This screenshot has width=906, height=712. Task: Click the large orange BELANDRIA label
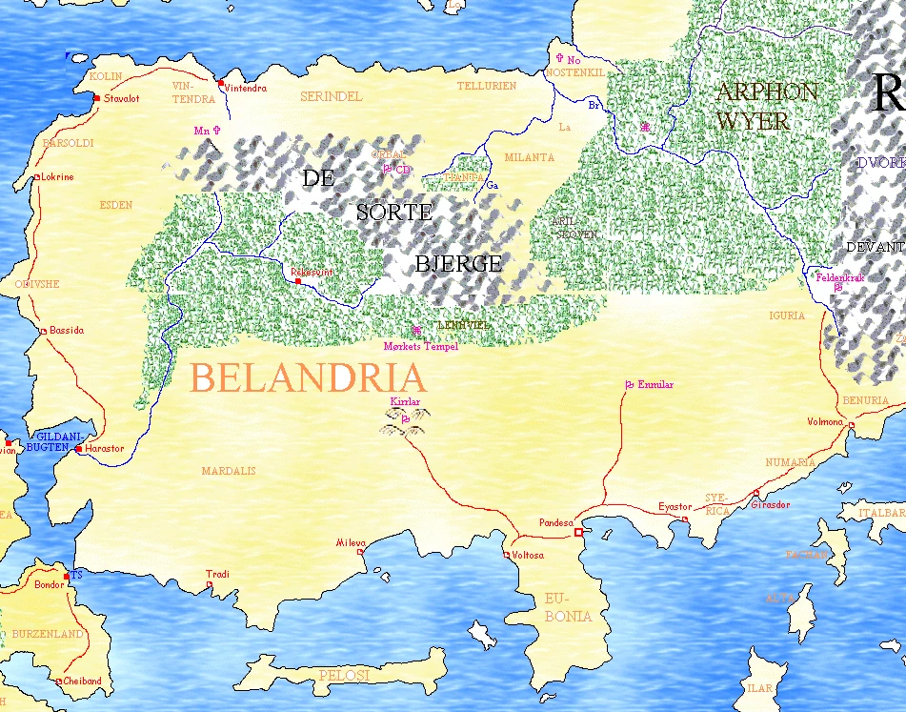(307, 378)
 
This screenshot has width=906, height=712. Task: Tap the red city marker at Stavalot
(97, 98)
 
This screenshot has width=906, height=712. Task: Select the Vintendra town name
(245, 89)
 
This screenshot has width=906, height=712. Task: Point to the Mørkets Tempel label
(420, 347)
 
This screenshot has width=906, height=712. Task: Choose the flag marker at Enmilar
(629, 385)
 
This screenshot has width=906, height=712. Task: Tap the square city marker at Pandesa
(577, 532)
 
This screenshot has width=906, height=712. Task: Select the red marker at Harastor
(79, 449)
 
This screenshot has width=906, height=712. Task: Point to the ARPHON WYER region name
(766, 106)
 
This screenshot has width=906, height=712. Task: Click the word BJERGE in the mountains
(457, 264)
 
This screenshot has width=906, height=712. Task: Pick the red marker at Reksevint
(298, 281)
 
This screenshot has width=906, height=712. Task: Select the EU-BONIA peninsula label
(568, 607)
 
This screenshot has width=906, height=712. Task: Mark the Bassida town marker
(44, 332)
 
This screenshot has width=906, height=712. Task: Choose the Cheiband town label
(82, 681)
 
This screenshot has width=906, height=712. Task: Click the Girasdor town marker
(755, 494)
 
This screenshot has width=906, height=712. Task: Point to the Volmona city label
(825, 421)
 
